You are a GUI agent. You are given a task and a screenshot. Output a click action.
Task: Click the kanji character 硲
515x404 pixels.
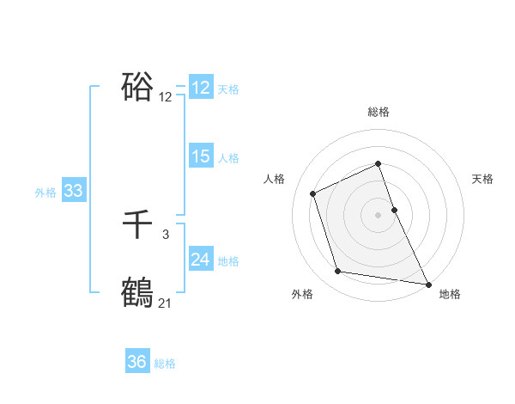[137, 87]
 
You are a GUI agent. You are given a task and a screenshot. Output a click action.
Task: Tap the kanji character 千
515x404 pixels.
[137, 225]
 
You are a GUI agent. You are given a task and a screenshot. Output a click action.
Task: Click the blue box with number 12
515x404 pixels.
[200, 88]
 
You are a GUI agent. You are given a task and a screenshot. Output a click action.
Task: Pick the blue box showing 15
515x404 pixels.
[200, 156]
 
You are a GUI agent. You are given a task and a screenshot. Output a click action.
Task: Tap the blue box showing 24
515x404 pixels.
[200, 260]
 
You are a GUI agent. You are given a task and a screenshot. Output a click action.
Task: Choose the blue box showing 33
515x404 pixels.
[73, 191]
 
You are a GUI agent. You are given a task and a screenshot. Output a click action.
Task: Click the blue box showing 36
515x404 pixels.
[136, 362]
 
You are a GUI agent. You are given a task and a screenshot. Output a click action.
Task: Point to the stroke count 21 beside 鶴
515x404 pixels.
[165, 303]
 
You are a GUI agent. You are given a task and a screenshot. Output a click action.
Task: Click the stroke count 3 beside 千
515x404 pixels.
[165, 234]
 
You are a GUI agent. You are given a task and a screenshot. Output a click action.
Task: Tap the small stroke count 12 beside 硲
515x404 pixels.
[165, 97]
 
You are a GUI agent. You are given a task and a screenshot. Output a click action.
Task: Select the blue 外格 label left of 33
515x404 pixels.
[45, 193]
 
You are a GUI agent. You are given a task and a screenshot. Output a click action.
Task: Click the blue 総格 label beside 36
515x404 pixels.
[165, 364]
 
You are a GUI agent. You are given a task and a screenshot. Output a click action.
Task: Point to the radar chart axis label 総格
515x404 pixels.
[379, 113]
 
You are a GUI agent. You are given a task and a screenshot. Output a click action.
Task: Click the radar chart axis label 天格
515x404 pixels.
[483, 179]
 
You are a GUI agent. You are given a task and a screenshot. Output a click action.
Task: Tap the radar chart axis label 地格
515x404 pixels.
[450, 295]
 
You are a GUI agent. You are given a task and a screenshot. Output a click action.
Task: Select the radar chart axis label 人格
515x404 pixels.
[275, 179]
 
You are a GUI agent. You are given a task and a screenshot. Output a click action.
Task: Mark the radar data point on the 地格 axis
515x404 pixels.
[427, 285]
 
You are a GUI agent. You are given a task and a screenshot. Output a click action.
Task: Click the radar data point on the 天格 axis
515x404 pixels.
[395, 209]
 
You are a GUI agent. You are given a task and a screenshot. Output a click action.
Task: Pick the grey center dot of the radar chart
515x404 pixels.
[379, 215]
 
